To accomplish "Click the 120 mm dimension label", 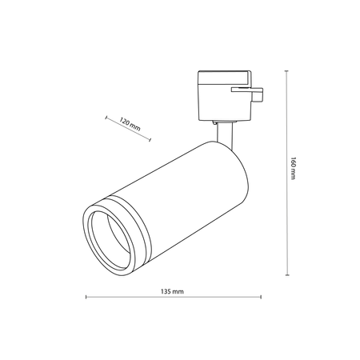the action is click(130, 125).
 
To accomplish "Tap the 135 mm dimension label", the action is click(172, 291).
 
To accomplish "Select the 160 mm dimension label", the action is click(293, 169).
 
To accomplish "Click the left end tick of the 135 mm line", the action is click(86, 297).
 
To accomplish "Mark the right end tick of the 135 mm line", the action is click(261, 297).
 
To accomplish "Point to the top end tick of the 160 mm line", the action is click(286, 71).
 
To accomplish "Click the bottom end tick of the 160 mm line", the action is click(287, 274).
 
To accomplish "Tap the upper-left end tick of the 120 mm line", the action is click(106, 118).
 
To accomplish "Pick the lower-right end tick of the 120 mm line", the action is click(150, 139).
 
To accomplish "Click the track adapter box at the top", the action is click(225, 95).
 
